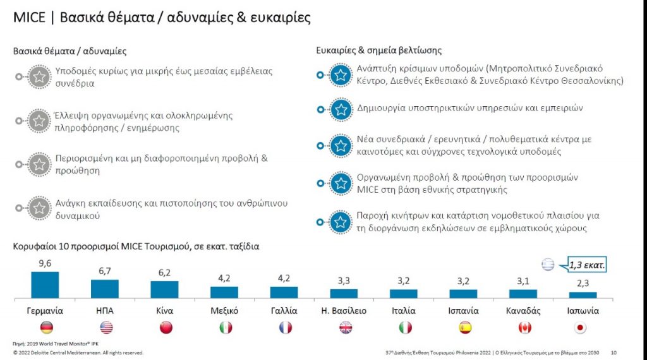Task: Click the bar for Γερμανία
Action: coord(45,285)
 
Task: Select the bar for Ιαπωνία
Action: coord(583,294)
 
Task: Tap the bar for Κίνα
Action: coord(164,289)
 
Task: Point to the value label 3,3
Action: coord(344,281)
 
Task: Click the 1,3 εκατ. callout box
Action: coord(586,265)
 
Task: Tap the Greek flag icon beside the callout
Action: coord(548,265)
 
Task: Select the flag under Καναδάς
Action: coord(524,327)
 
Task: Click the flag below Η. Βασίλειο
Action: coord(346,327)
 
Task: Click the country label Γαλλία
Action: coord(284,311)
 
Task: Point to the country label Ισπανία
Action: coord(463,311)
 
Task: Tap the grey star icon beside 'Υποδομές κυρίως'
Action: coord(39,77)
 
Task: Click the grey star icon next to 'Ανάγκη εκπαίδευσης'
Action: coord(39,208)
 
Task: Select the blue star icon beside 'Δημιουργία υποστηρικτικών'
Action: coord(341,109)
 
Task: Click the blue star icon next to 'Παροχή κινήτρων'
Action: coord(341,222)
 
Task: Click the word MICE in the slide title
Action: coord(30,17)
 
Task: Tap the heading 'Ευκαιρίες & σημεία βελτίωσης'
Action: coord(378,51)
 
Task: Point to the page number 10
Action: coord(614,352)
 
